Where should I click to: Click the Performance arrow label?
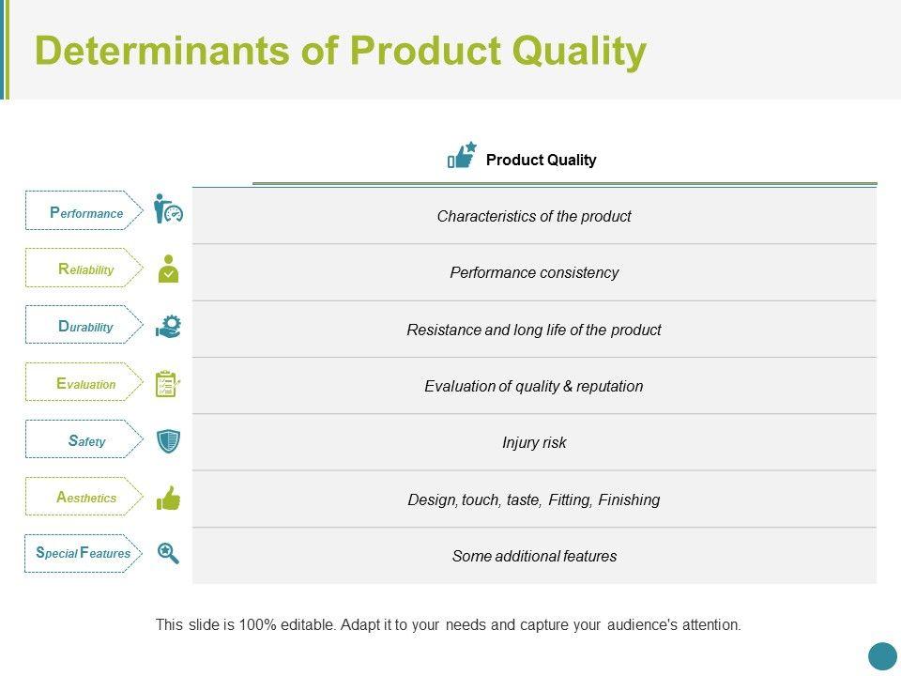pyautogui.click(x=84, y=210)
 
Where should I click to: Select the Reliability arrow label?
pyautogui.click(x=84, y=268)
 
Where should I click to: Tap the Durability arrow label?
pyautogui.click(x=84, y=325)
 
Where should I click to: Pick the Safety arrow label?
pyautogui.click(x=84, y=439)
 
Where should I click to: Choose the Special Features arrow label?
pyautogui.click(x=84, y=553)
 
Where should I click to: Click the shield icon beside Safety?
pyautogui.click(x=168, y=441)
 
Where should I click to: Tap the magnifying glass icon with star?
pyautogui.click(x=168, y=553)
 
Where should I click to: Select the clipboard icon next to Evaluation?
pyautogui.click(x=168, y=383)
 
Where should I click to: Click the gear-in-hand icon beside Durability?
pyautogui.click(x=168, y=327)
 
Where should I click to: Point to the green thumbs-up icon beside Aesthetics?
pyautogui.click(x=168, y=498)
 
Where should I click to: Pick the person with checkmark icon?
pyautogui.click(x=168, y=269)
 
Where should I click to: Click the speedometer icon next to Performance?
pyautogui.click(x=168, y=208)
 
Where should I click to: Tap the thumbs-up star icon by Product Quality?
pyautogui.click(x=462, y=155)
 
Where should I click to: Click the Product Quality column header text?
pyautogui.click(x=541, y=160)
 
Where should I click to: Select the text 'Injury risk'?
pyautogui.click(x=534, y=442)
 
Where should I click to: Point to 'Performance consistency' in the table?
pyautogui.click(x=534, y=272)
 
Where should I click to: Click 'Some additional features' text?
pyautogui.click(x=534, y=556)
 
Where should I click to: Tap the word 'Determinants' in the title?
pyautogui.click(x=162, y=50)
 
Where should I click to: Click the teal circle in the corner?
pyautogui.click(x=882, y=656)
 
